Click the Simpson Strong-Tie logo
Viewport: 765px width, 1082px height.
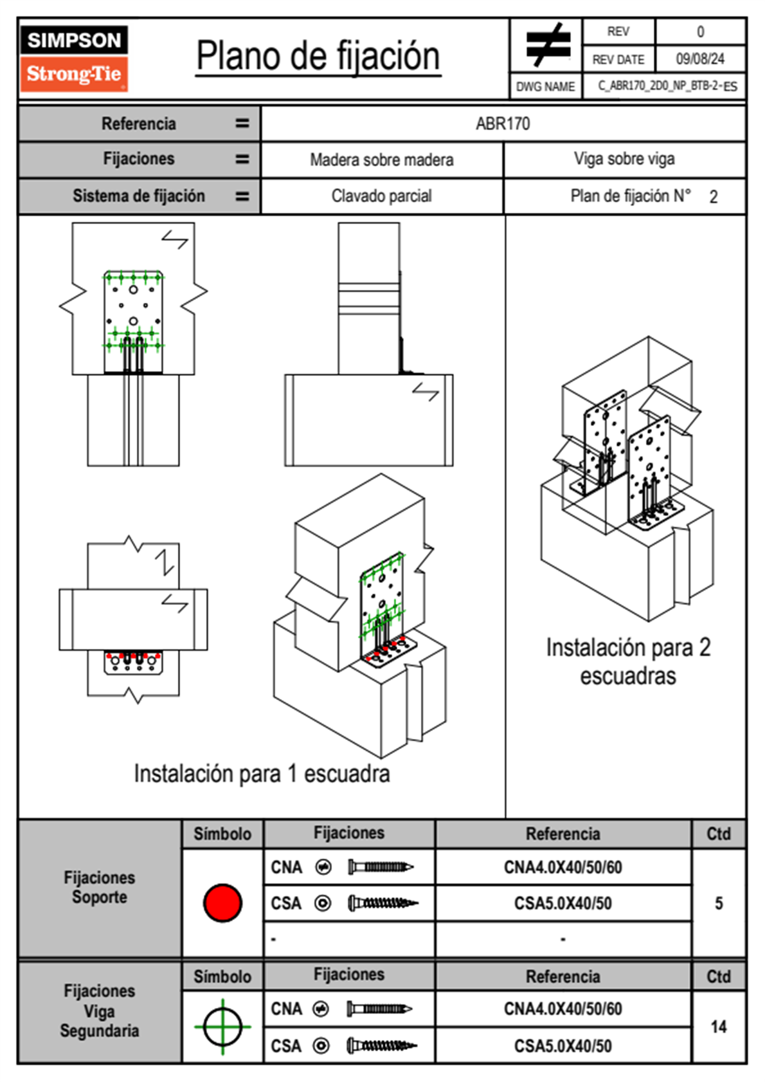pyautogui.click(x=74, y=58)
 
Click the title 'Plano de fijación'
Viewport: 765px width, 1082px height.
pyautogui.click(x=318, y=56)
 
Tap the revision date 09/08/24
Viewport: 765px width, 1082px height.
pyautogui.click(x=700, y=59)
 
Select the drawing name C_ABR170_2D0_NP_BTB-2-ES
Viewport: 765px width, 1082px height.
pyautogui.click(x=667, y=86)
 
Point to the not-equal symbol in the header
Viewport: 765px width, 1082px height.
pyautogui.click(x=548, y=45)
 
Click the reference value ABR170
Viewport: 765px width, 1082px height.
pyautogui.click(x=503, y=124)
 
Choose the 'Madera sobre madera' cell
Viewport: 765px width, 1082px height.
pyautogui.click(x=381, y=160)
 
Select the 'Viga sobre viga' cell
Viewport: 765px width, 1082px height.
pyautogui.click(x=624, y=159)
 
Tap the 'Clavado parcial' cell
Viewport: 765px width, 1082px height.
pyautogui.click(x=381, y=196)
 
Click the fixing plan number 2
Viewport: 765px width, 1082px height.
pyautogui.click(x=714, y=197)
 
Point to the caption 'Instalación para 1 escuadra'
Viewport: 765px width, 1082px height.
pyautogui.click(x=262, y=773)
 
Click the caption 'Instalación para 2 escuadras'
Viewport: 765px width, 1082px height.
pyautogui.click(x=628, y=661)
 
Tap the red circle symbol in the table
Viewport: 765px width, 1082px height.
pyautogui.click(x=222, y=903)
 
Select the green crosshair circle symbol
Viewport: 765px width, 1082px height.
pyautogui.click(x=222, y=1027)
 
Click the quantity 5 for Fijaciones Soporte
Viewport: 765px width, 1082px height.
pyautogui.click(x=719, y=903)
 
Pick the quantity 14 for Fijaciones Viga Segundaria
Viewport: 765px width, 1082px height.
pyautogui.click(x=719, y=1027)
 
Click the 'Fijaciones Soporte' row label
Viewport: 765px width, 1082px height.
pyautogui.click(x=100, y=888)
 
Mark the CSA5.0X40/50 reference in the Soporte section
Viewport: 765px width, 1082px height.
pyautogui.click(x=562, y=904)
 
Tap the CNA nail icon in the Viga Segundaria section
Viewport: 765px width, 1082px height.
pyautogui.click(x=379, y=1009)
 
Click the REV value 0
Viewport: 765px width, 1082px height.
pyautogui.click(x=700, y=32)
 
